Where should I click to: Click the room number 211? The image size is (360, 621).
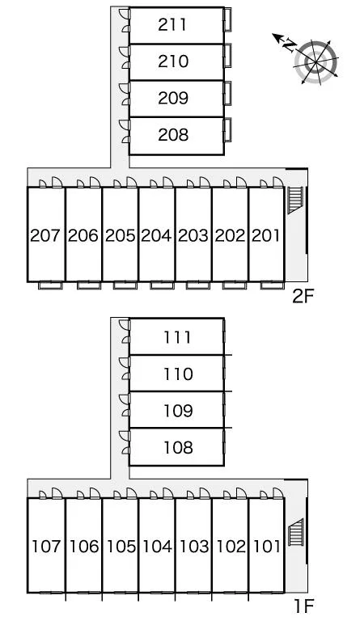172,24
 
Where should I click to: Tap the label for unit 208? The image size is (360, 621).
173,135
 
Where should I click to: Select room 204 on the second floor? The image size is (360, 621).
156,235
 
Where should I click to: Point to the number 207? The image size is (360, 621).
45,235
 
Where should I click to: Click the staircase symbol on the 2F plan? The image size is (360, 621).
295,200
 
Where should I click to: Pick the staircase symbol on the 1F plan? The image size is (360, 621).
295,532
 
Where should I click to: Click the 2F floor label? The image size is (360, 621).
303,296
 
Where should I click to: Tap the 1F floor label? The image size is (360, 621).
303,606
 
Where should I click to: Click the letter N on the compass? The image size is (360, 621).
290,45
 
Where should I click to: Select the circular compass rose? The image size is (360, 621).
316,62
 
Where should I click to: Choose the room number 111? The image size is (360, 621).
178,337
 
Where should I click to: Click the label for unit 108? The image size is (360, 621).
178,447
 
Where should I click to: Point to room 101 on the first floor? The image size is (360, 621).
267,547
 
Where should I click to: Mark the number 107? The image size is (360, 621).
46,547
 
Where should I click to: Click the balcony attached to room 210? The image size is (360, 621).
227,56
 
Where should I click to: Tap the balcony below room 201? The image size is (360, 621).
273,285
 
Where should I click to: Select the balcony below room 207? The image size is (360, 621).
50,285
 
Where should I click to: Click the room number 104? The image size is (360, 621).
157,547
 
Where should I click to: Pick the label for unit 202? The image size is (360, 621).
230,235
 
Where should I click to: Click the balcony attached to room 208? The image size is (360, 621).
227,130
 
